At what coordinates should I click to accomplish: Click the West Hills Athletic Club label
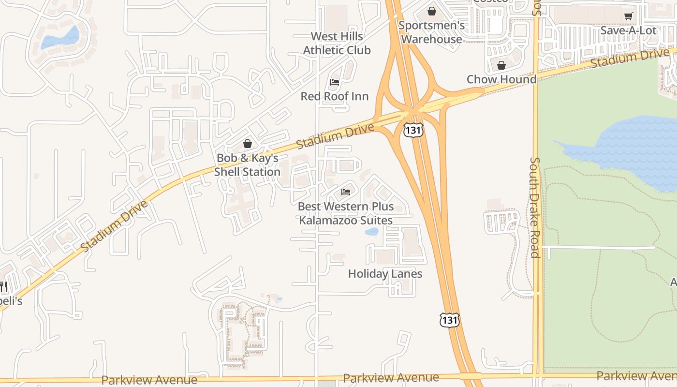tap(337, 43)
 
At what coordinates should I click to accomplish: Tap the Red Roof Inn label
tap(335, 96)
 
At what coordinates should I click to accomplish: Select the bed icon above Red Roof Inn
tap(335, 82)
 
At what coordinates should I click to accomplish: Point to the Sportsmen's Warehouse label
tap(432, 32)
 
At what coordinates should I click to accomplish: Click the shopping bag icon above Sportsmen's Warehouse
tap(432, 11)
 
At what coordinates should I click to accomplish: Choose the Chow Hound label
tap(501, 79)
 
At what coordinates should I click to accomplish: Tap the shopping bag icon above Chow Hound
tap(501, 65)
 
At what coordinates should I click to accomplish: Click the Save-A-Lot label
tap(628, 30)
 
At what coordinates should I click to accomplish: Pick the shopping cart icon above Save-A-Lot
tap(628, 16)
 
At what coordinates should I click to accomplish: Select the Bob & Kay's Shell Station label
tap(247, 165)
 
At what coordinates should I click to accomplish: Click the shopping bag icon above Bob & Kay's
tap(248, 144)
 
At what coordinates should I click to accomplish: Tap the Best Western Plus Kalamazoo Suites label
tap(346, 213)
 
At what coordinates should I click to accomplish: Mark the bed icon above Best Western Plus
tap(346, 192)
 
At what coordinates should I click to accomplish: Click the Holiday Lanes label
tap(385, 274)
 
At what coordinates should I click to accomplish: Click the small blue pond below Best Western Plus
tap(371, 232)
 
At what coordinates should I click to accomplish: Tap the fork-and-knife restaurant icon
tap(2, 286)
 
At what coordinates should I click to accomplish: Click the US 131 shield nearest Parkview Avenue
tap(449, 320)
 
